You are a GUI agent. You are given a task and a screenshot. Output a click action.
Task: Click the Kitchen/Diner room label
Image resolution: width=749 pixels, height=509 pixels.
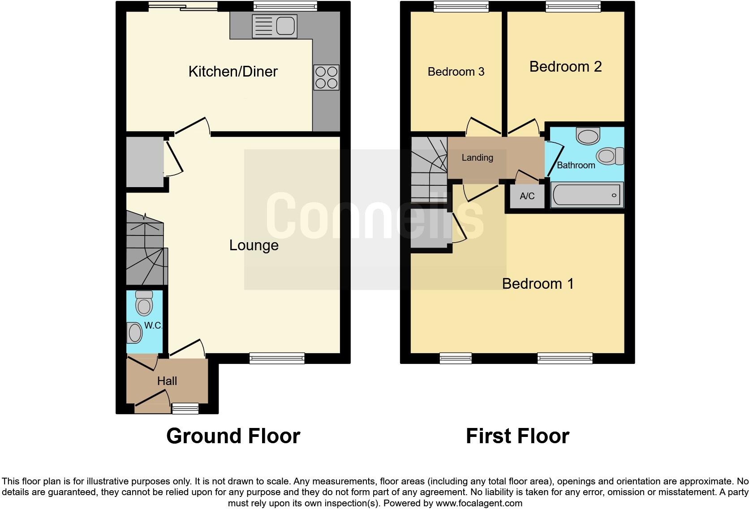232,72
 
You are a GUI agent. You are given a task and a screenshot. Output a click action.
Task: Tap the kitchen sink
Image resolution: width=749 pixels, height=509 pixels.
275,25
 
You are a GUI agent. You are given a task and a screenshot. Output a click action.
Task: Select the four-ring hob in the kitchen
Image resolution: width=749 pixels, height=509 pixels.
326,77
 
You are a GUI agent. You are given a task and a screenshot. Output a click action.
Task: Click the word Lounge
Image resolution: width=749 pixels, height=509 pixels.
254,245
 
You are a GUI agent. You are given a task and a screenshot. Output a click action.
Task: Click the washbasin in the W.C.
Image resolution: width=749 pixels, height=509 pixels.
134,333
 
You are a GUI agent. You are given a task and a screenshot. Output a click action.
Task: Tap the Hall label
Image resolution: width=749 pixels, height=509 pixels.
167,381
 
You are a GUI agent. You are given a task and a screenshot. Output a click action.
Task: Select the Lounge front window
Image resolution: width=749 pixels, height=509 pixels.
277,358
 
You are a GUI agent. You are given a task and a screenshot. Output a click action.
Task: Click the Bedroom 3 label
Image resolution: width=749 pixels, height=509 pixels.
456,72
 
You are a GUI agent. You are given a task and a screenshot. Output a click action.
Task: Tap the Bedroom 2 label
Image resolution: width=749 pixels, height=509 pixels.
565,67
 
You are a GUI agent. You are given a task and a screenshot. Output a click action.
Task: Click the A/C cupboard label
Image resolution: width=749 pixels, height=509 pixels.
527,196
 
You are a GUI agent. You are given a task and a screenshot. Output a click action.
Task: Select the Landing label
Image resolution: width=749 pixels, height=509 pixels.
477,158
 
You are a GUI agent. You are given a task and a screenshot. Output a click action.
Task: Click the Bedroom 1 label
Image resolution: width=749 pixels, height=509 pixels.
537,284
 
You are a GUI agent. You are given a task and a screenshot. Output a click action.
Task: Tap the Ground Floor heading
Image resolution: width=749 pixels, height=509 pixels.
233,436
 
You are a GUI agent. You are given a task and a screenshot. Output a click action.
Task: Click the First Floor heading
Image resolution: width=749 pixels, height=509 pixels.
517,436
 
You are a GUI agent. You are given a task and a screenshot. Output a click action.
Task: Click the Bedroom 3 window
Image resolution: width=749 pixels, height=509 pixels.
461,6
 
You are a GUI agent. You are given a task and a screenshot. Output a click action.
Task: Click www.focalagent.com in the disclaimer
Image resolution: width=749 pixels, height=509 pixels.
479,503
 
